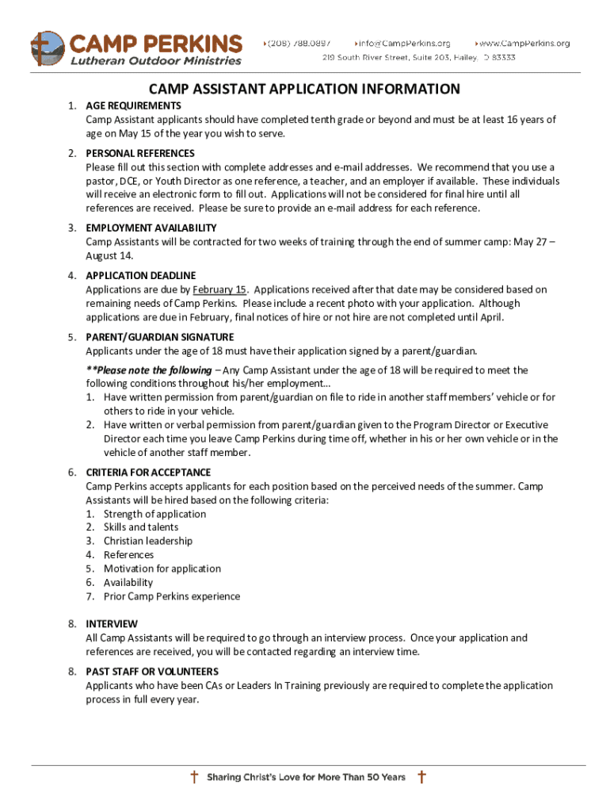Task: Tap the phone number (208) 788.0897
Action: point(302,43)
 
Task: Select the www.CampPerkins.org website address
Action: point(525,43)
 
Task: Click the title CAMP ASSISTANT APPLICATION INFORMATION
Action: point(305,89)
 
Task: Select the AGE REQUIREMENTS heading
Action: point(133,105)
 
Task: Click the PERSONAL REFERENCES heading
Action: point(139,153)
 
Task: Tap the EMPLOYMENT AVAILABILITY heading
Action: point(151,228)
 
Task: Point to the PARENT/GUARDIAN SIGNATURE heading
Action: point(160,337)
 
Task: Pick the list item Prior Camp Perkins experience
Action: point(171,596)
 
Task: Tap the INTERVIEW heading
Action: point(112,624)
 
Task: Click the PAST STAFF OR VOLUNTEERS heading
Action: point(152,672)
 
